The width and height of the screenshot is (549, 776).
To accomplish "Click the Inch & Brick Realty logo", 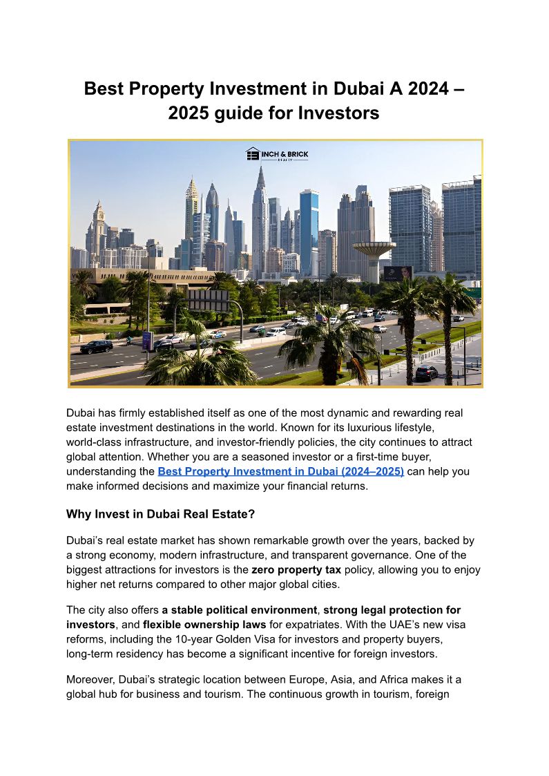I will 276,154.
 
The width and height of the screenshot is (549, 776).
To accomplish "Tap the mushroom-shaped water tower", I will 373,252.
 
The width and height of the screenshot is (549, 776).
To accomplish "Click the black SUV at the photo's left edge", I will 96,346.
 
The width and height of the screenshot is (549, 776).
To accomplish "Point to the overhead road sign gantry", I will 207,299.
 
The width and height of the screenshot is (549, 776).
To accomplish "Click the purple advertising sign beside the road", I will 147,340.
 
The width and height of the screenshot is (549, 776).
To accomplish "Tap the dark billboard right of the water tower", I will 398,273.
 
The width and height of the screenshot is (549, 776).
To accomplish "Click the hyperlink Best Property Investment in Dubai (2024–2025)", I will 280,471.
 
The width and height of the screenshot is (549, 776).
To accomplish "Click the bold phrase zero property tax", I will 296,570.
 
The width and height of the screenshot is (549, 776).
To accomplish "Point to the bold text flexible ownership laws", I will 204,625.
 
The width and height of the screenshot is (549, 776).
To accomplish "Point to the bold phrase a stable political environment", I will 240,610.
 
